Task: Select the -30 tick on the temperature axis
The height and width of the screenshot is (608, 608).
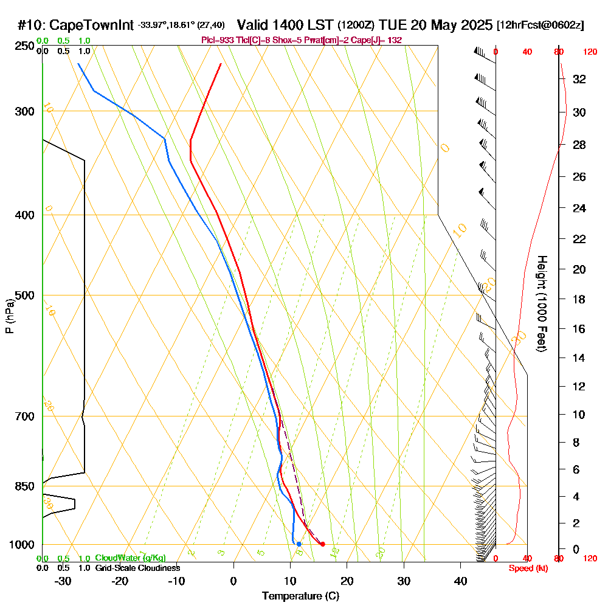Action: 63,581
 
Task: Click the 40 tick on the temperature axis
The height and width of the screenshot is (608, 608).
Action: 460,581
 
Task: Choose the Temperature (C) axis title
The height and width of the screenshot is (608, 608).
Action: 300,596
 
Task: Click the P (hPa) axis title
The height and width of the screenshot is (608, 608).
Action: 9,316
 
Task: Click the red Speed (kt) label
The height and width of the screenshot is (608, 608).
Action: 528,568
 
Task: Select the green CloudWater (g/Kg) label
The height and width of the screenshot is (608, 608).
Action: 130,558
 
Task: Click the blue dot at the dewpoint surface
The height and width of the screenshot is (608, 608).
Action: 299,544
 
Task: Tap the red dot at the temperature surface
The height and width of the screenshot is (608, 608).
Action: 322,544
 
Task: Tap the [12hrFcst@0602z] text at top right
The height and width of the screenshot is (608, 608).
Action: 541,26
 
